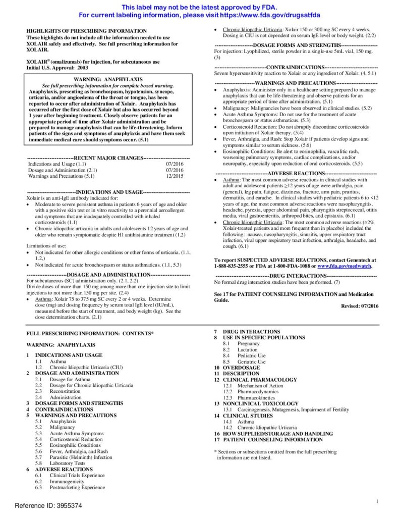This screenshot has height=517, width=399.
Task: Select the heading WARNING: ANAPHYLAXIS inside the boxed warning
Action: point(108,79)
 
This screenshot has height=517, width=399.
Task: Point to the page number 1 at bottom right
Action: point(377,501)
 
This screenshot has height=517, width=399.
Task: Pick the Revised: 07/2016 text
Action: point(360,306)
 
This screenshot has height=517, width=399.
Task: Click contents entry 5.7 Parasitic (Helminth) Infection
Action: point(81,457)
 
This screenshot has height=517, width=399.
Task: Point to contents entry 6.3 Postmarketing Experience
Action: point(77,487)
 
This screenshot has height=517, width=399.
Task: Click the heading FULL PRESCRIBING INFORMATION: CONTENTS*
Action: point(90,334)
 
